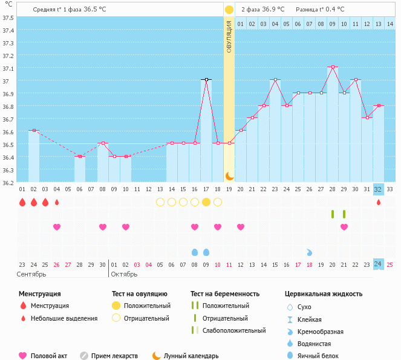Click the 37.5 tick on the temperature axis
8,18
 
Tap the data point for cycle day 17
206,79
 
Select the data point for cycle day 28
332,67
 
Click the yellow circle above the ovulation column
229,10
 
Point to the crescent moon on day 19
229,175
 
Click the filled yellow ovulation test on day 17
206,201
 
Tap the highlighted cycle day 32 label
378,189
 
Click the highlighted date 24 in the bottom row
378,264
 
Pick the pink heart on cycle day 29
344,227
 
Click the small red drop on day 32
379,202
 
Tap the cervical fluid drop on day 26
309,252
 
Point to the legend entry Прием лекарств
114,356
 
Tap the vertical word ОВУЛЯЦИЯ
229,36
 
